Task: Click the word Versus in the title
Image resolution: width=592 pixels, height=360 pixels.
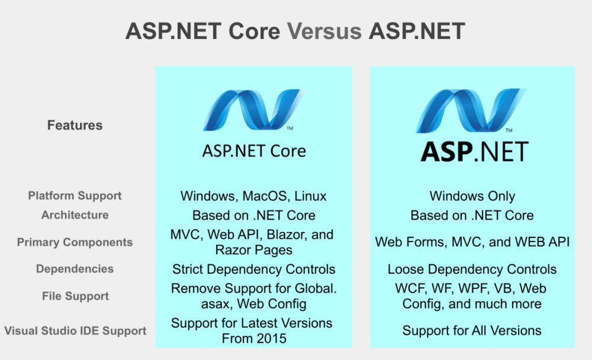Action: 324,31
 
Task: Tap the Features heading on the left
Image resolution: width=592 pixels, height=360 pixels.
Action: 75,125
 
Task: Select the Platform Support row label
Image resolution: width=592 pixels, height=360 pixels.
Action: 75,195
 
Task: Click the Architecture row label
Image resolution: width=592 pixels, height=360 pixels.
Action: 75,215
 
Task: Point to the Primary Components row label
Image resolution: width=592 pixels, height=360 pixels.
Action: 75,242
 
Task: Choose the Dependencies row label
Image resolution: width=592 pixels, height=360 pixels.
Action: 75,269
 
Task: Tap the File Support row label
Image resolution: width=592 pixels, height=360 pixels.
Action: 75,296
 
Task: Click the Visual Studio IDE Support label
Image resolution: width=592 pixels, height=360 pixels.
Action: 75,330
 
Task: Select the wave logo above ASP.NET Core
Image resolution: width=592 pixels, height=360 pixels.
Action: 254,110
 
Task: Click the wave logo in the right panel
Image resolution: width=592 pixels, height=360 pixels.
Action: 471,110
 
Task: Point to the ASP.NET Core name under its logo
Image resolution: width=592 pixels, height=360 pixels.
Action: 254,151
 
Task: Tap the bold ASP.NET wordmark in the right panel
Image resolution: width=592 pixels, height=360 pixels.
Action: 475,152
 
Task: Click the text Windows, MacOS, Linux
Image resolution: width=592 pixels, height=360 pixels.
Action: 253,196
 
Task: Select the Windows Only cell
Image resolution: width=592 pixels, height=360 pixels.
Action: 472,196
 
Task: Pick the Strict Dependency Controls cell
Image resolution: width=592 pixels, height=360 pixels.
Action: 254,269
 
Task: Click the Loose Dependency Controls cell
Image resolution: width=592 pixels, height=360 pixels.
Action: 472,269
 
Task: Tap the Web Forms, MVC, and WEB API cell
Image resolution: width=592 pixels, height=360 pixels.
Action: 472,242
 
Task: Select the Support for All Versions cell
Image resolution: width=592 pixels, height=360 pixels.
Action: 472,330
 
